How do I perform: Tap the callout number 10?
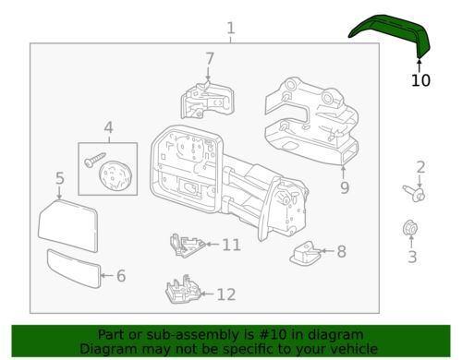point(420,80)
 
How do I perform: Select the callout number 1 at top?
point(231,29)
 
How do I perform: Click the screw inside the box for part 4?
point(94,160)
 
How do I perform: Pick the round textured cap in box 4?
point(115,176)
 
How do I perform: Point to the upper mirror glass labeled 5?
point(68,225)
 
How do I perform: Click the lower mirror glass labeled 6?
point(74,269)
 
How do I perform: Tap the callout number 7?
point(210,58)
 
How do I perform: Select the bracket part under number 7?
point(207,101)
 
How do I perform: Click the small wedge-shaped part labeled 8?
point(306,254)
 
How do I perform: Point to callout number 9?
point(345,187)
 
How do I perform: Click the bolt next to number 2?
point(415,193)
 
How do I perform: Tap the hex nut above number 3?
point(410,228)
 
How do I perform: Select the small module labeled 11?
point(187,246)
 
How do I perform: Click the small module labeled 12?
point(184,289)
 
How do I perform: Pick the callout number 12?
point(226,294)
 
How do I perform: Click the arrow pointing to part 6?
point(107,275)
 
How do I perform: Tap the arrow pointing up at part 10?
point(419,66)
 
